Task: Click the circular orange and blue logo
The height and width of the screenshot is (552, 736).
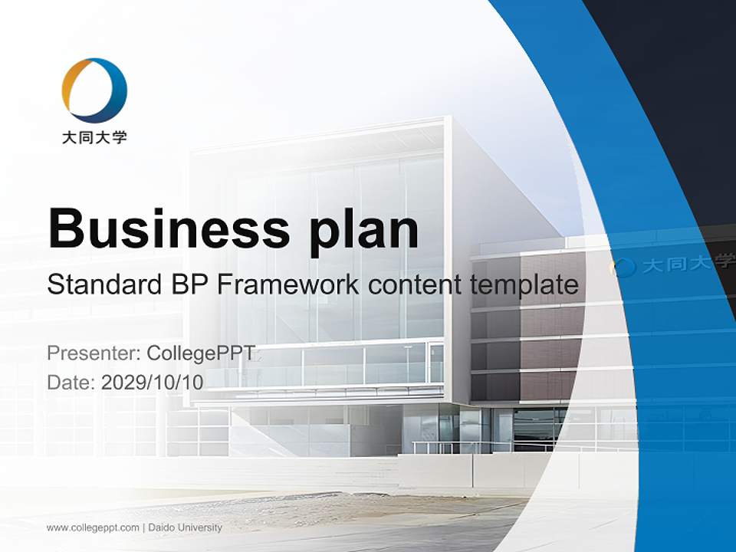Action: (x=94, y=90)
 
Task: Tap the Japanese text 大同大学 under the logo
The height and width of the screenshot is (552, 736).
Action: (x=94, y=138)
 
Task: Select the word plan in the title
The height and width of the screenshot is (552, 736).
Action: (x=364, y=230)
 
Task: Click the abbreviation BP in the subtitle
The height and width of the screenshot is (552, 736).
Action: (x=188, y=285)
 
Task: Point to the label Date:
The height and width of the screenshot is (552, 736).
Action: (x=71, y=383)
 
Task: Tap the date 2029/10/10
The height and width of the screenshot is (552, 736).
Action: (x=153, y=383)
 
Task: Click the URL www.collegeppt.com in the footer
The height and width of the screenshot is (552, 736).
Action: (x=93, y=527)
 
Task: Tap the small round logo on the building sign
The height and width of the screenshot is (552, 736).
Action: (x=623, y=267)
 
